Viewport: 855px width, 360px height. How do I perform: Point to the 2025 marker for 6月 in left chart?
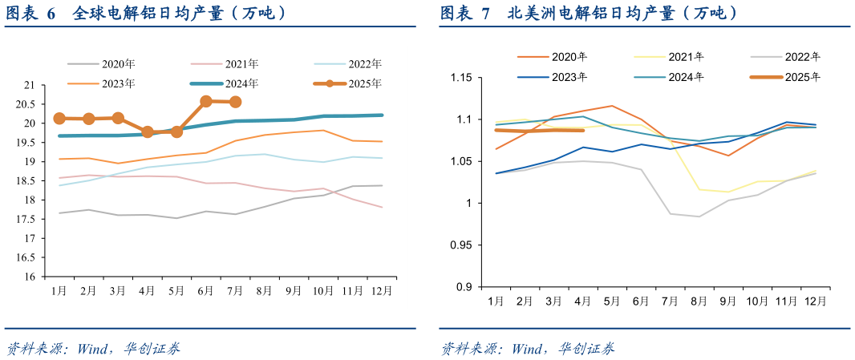point(206,102)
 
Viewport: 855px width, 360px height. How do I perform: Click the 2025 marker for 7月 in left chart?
point(236,102)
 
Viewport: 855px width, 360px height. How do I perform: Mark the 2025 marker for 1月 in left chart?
point(59,119)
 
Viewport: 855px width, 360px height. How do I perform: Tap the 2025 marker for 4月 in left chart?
point(147,131)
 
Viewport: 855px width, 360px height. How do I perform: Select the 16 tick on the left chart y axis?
point(30,277)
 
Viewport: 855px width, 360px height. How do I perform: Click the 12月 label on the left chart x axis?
point(383,291)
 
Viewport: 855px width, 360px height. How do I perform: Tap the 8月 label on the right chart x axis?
point(699,301)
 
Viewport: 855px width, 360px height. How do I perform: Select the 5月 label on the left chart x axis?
point(176,291)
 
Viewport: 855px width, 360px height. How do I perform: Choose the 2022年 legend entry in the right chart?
point(803,57)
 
